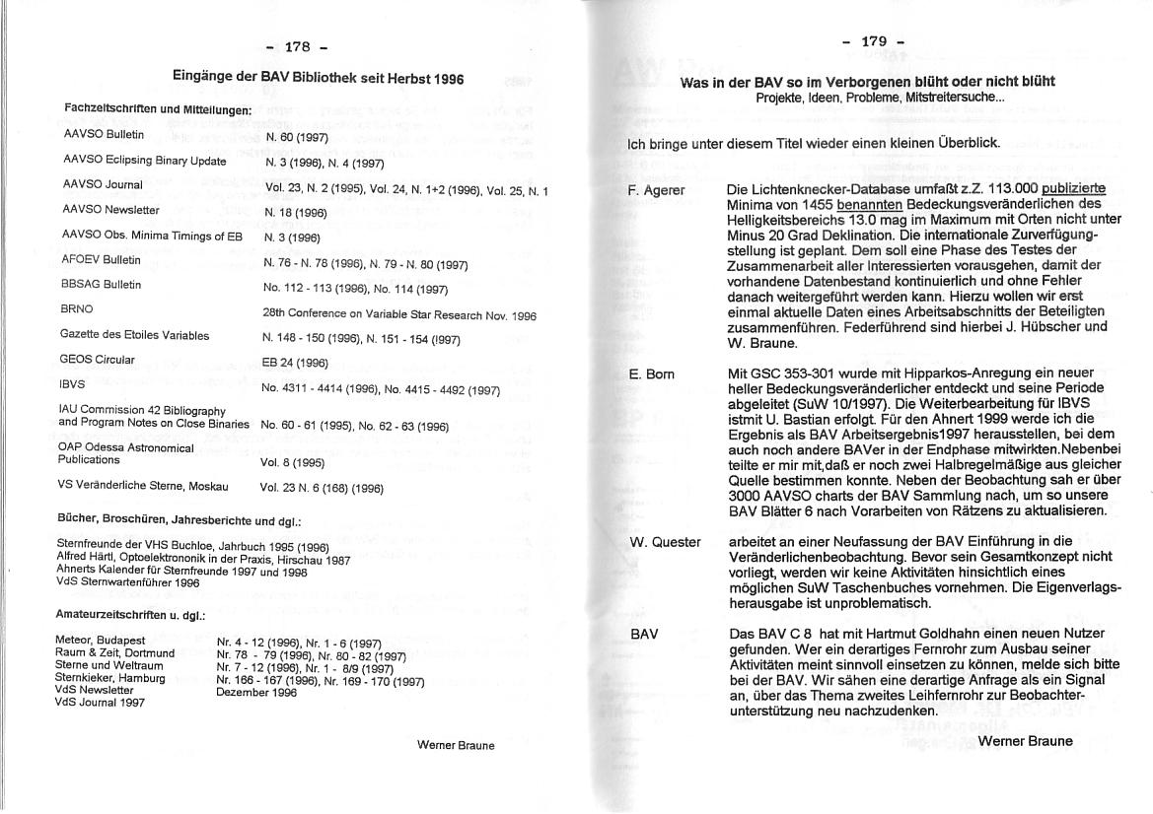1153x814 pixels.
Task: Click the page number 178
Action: pos(298,46)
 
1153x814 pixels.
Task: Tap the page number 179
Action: pos(874,41)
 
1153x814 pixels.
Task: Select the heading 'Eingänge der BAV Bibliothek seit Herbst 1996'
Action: pos(318,77)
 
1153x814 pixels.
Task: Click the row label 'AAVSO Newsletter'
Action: pos(110,210)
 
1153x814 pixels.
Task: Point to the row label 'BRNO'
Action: pos(76,308)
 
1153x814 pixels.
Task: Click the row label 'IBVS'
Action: pos(72,384)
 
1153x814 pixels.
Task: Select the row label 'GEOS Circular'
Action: pos(97,360)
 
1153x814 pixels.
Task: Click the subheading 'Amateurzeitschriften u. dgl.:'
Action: pos(130,615)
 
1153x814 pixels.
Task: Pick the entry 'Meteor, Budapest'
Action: pos(101,640)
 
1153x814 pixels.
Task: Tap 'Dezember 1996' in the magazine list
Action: pos(256,692)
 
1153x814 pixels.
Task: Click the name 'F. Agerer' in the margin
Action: pos(656,189)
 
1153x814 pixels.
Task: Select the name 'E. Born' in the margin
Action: pos(651,374)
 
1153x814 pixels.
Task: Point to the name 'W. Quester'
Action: pos(666,542)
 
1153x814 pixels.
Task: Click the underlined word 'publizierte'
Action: pos(1073,188)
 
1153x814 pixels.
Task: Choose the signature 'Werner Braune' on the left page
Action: pos(456,746)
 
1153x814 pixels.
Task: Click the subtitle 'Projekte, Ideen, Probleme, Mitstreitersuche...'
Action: pos(881,99)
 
